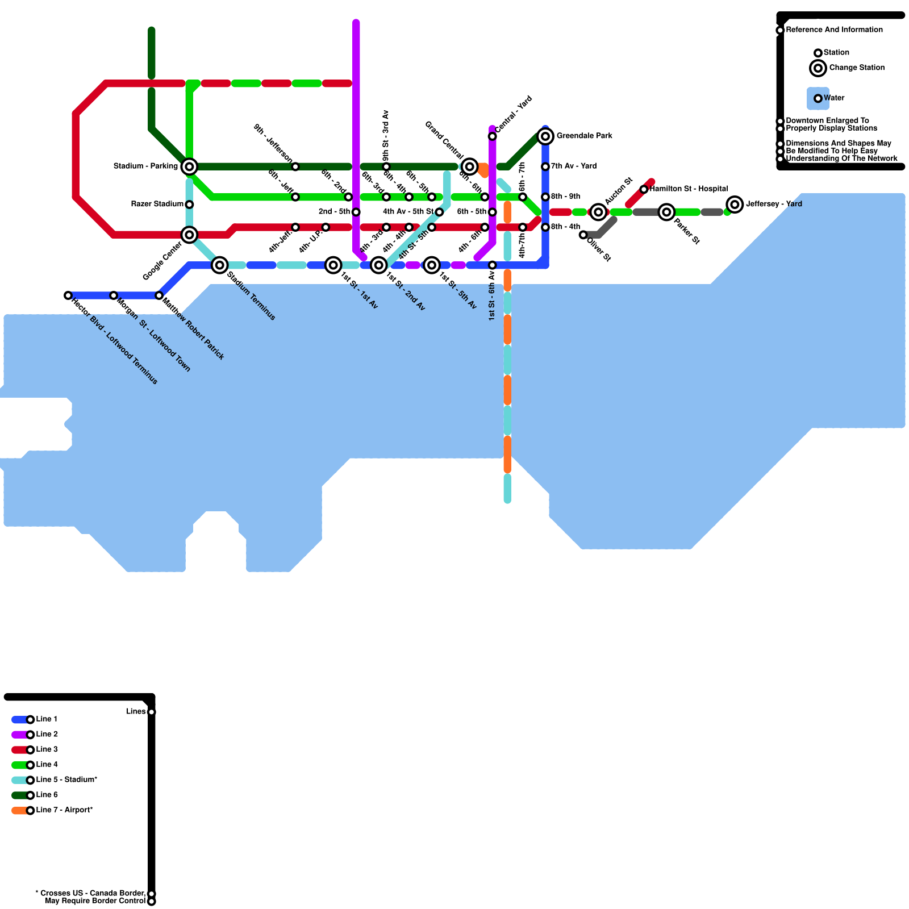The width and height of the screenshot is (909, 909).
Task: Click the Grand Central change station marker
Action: (x=469, y=166)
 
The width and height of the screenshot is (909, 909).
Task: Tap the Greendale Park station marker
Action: (x=545, y=136)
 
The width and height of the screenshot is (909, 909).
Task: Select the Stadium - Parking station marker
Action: (x=190, y=166)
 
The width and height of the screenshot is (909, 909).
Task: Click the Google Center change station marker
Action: (x=190, y=235)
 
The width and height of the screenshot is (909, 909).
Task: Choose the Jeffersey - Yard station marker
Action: (x=735, y=204)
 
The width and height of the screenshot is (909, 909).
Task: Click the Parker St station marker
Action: (x=666, y=212)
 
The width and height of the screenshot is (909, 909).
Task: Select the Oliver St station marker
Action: (x=583, y=235)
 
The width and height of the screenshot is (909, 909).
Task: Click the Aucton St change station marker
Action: (x=598, y=212)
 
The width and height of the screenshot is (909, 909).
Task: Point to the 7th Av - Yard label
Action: (x=574, y=166)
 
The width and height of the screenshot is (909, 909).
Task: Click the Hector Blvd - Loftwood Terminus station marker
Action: (x=68, y=295)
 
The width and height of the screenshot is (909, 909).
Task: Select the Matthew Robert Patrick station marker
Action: (x=159, y=295)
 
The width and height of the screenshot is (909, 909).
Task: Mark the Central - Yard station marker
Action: (x=492, y=136)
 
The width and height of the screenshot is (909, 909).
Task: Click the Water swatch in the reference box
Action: (x=818, y=98)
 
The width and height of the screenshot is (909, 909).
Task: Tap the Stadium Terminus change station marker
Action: (x=220, y=265)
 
